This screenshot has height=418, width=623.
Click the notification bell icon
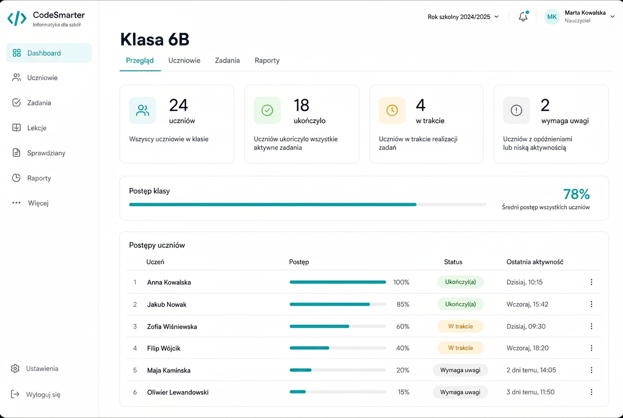click(x=523, y=16)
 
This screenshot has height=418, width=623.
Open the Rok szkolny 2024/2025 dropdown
click(x=463, y=17)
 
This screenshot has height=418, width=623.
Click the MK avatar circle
click(x=552, y=17)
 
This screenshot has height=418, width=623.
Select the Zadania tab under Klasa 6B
click(x=227, y=60)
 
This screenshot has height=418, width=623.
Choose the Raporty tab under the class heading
click(x=267, y=61)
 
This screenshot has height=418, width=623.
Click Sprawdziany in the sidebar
click(x=46, y=153)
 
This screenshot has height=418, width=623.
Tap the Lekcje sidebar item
click(x=36, y=128)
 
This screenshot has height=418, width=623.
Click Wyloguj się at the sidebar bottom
click(x=43, y=395)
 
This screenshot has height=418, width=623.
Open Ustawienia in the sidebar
click(x=42, y=369)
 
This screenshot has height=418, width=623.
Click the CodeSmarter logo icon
click(x=17, y=18)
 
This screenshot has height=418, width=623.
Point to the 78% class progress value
click(x=576, y=194)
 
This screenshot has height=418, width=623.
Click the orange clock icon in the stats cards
click(x=392, y=110)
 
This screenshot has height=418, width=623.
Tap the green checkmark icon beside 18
click(x=267, y=110)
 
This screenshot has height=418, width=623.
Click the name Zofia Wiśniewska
click(x=172, y=326)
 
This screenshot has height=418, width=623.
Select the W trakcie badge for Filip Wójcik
click(x=460, y=348)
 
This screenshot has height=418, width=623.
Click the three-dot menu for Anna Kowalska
click(x=591, y=282)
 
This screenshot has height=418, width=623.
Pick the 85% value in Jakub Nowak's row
click(x=403, y=304)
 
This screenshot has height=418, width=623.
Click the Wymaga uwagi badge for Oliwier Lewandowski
click(x=460, y=392)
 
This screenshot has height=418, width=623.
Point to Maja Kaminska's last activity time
click(x=531, y=370)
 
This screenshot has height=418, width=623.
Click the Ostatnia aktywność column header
click(x=535, y=262)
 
